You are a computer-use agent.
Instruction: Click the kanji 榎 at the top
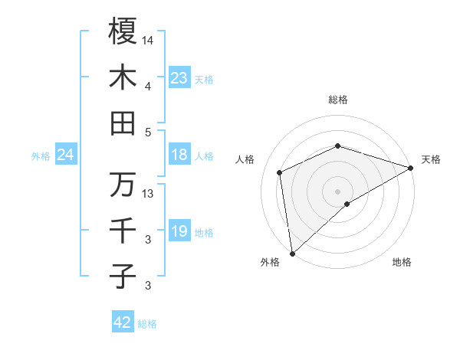pyautogui.click(x=123, y=31)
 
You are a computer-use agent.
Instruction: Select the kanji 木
pyautogui.click(x=123, y=77)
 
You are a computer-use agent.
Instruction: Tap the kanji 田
pyautogui.click(x=123, y=123)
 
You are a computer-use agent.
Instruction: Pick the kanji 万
pyautogui.click(x=123, y=185)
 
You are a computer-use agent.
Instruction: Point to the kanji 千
pyautogui.click(x=123, y=231)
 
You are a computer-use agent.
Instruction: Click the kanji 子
pyautogui.click(x=123, y=277)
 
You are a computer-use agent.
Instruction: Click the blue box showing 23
pyautogui.click(x=179, y=78)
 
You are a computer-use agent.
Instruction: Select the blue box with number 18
pyautogui.click(x=179, y=155)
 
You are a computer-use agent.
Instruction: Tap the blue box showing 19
pyautogui.click(x=179, y=231)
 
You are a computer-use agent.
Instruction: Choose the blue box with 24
pyautogui.click(x=65, y=155)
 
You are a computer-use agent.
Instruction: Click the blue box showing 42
pyautogui.click(x=123, y=322)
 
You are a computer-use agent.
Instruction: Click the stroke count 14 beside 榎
pyautogui.click(x=148, y=39)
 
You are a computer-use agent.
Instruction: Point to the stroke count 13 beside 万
pyautogui.click(x=148, y=193)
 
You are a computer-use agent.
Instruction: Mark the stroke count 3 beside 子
pyautogui.click(x=148, y=286)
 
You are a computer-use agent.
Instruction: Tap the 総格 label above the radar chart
pyautogui.click(x=337, y=100)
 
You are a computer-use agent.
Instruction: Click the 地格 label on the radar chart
pyautogui.click(x=402, y=262)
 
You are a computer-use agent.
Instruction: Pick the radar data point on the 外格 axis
pyautogui.click(x=292, y=253)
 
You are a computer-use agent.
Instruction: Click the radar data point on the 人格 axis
pyautogui.click(x=280, y=172)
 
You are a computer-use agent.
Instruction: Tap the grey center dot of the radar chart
pyautogui.click(x=337, y=191)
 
